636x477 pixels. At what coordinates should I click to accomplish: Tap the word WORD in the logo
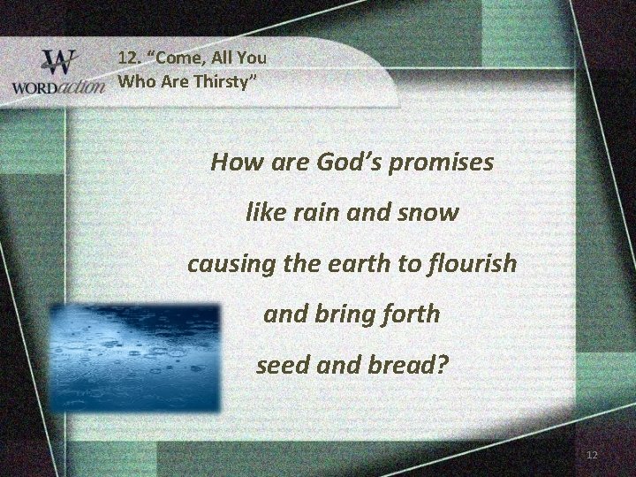(x=37, y=89)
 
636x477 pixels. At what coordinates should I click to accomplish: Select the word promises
(x=448, y=164)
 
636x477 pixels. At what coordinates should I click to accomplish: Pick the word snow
(x=430, y=213)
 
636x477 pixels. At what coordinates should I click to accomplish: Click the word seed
(x=281, y=364)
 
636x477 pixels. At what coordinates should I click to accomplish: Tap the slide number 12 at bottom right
(x=592, y=454)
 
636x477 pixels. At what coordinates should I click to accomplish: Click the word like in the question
(x=261, y=213)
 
